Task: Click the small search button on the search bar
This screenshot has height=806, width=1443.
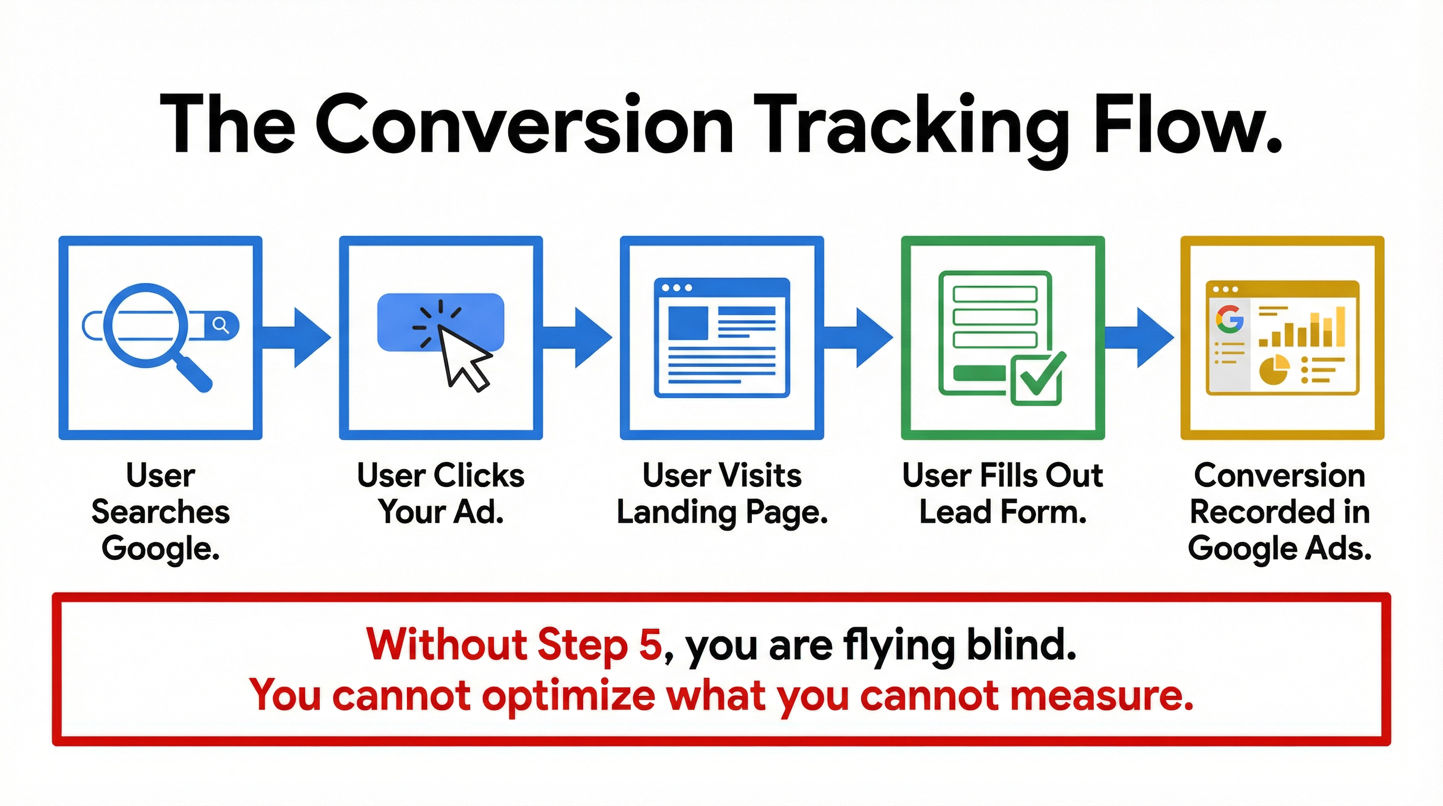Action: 222,325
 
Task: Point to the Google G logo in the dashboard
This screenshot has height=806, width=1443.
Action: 1229,320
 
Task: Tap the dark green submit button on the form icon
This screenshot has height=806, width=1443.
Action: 979,373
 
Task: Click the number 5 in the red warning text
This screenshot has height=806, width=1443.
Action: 650,645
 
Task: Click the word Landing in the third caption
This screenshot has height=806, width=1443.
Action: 675,512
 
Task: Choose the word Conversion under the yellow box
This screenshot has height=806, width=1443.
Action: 1279,476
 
